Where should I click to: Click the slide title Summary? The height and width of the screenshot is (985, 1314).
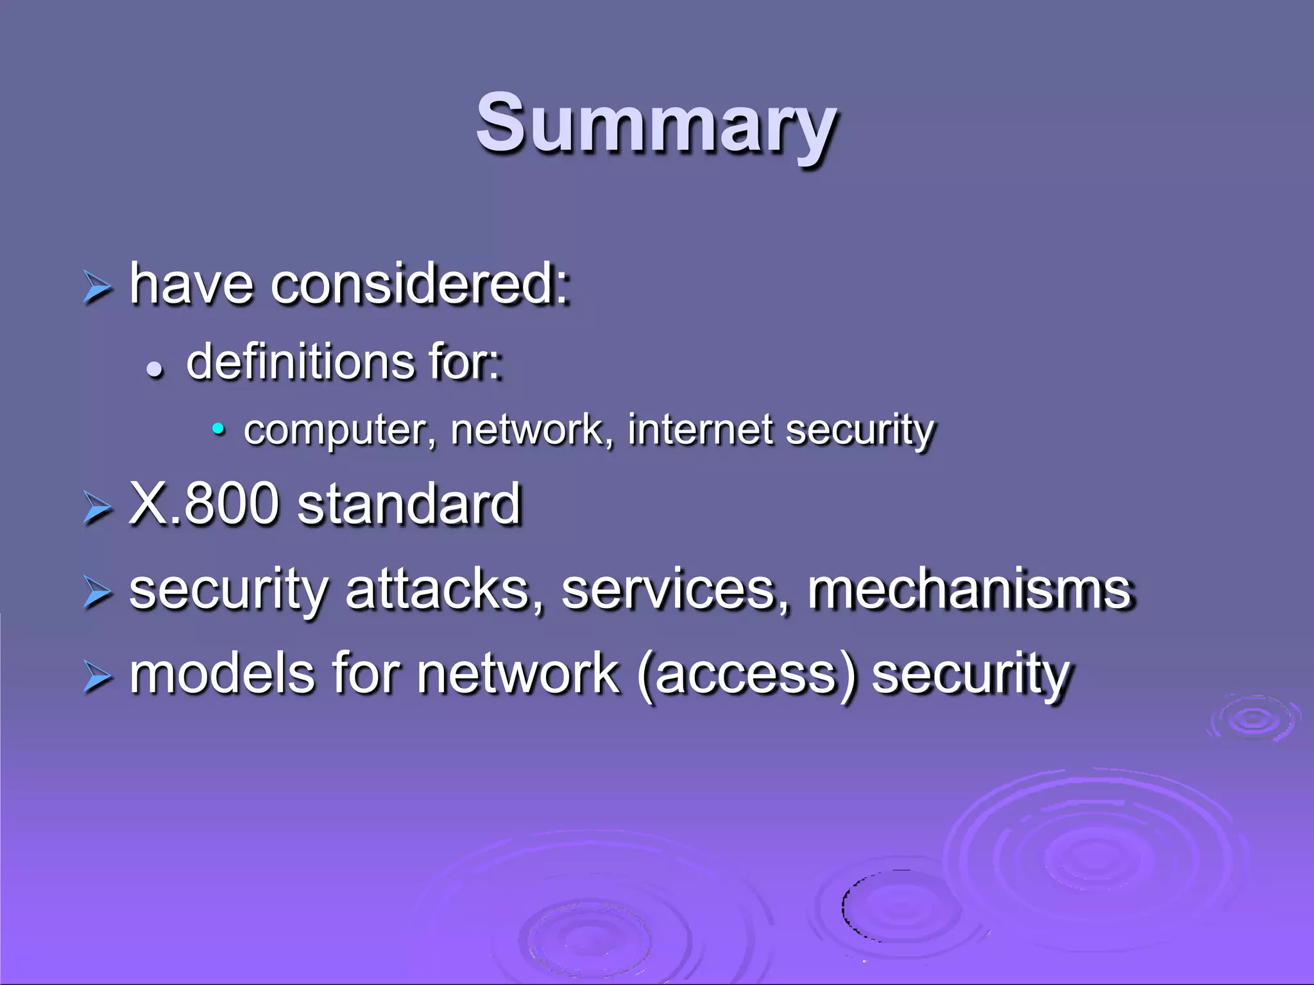point(656,123)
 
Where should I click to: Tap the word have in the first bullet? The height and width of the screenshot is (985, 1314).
point(191,283)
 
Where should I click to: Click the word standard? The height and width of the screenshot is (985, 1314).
point(409,504)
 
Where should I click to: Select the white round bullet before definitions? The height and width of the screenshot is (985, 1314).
point(155,369)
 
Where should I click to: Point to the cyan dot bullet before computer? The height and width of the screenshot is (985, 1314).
point(219,428)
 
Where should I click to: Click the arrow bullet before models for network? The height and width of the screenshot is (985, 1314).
point(98,677)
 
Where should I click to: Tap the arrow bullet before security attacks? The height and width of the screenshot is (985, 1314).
point(98,593)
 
